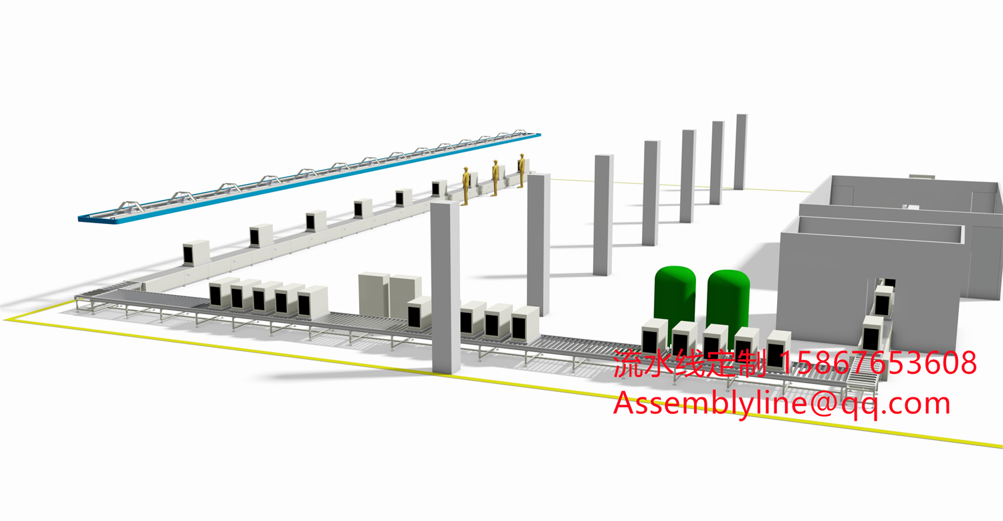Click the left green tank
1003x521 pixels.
pos(675,300)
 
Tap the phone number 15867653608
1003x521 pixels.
pos(878,362)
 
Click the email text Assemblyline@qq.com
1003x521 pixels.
pos(782,404)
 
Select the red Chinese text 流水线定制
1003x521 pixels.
pos(689,363)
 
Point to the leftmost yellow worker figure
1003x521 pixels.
pos(465,186)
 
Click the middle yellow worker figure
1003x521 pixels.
pos(495,178)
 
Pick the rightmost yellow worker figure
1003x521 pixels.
pos(522,171)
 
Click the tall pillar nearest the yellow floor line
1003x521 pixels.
pos(445,287)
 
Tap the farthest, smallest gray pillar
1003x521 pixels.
pos(741,152)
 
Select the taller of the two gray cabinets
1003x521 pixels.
pos(373,294)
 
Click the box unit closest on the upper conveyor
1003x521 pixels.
pos(196,253)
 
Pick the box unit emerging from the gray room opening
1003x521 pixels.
pos(883,301)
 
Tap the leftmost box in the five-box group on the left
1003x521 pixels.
pos(223,292)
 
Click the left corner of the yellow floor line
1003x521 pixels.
pos(5,320)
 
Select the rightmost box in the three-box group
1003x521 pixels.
pos(525,325)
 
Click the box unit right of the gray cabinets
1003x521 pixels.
pos(419,313)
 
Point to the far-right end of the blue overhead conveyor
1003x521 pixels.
pos(539,134)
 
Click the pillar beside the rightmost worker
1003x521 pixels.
pos(538,244)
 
